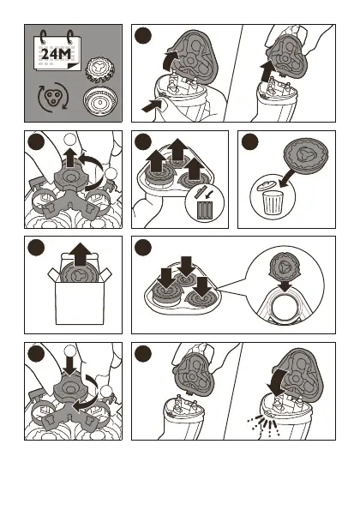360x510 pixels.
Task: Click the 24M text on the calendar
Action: pyautogui.click(x=56, y=54)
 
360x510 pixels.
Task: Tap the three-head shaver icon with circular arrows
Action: pyautogui.click(x=52, y=97)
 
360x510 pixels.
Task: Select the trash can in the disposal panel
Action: pyautogui.click(x=273, y=202)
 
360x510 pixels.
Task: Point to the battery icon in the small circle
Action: pyautogui.click(x=205, y=209)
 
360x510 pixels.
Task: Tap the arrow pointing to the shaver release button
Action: pyautogui.click(x=151, y=105)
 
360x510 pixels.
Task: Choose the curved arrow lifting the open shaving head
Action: pyautogui.click(x=171, y=59)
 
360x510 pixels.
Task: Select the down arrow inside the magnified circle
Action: pyautogui.click(x=285, y=285)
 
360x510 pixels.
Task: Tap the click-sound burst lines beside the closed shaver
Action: pyautogui.click(x=262, y=424)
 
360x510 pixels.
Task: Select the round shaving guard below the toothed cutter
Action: pyautogui.click(x=99, y=101)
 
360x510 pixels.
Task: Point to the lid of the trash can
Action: pyautogui.click(x=266, y=186)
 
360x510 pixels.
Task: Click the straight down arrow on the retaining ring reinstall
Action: pyautogui.click(x=70, y=365)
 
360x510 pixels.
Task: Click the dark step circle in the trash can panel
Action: pyautogui.click(x=250, y=142)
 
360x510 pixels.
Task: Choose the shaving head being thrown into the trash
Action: pyautogui.click(x=306, y=155)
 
